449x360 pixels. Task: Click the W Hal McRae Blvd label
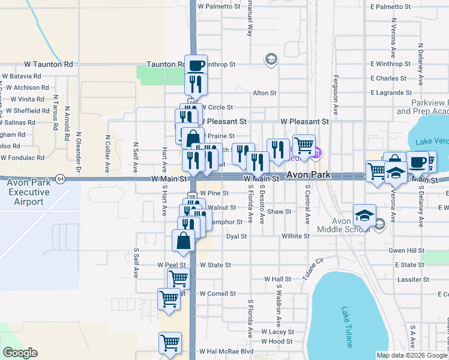tap(227, 352)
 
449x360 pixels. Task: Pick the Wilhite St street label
tap(295, 236)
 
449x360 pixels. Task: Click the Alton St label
tap(264, 93)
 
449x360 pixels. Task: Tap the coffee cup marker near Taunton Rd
tap(196, 65)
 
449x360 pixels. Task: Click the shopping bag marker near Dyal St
tap(184, 241)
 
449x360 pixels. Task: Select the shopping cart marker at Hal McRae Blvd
tap(170, 343)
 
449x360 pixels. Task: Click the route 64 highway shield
tap(61, 178)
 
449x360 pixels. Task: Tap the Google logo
tap(20, 353)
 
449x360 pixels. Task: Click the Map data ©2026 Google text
tap(412, 355)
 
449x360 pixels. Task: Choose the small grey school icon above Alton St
tap(271, 59)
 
